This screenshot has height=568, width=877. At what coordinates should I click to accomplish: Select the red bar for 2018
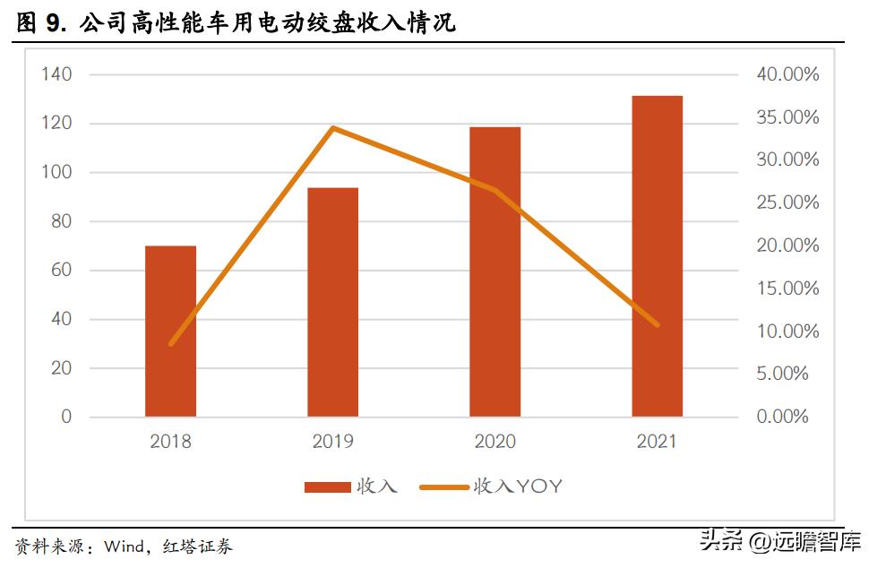point(170,331)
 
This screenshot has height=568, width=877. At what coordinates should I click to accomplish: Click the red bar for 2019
point(332,303)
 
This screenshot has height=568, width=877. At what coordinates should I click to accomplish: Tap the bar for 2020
point(494,272)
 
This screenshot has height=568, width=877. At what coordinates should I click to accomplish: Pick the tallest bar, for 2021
point(657,256)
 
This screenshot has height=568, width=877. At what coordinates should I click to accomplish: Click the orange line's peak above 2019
point(332,128)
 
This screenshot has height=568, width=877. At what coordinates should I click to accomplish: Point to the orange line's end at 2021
point(658,324)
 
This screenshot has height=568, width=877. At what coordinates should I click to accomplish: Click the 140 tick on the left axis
point(56,74)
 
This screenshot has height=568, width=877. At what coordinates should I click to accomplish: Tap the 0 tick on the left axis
point(65,417)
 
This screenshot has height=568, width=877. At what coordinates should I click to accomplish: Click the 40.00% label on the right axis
point(787,74)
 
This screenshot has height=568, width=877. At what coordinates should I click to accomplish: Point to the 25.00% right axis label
point(787,202)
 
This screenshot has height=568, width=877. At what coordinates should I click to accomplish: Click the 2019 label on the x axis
point(332,442)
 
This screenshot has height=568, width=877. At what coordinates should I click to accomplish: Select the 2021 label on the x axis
point(657,442)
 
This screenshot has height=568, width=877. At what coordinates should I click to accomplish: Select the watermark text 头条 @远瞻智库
point(779,541)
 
